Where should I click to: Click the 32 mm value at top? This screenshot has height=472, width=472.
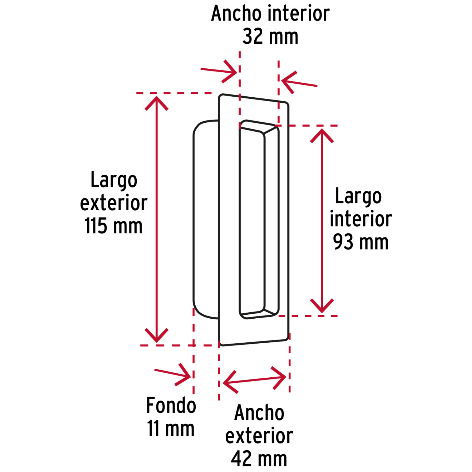270,37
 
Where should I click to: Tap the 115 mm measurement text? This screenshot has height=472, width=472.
114,226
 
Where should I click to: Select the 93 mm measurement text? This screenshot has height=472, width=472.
361,242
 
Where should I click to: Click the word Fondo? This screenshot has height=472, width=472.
171,405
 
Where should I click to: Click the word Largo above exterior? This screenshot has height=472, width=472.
114,181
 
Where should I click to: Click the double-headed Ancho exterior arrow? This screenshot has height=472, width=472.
254,380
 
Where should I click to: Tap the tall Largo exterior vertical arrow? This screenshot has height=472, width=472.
156,219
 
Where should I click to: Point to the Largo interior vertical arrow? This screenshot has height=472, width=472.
322,221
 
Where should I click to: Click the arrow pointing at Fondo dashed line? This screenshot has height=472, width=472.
173,374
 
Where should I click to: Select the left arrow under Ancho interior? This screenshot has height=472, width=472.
219,72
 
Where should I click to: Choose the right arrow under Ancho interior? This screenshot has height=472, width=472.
299,82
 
